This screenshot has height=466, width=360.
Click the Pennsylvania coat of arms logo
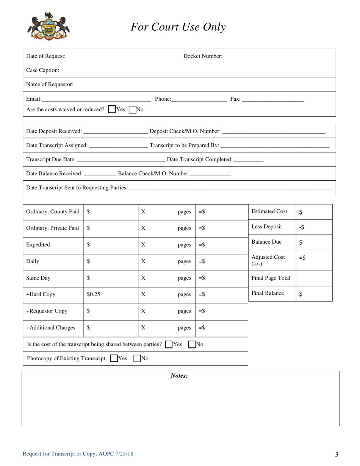coord(49,26)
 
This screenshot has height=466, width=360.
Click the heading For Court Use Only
coord(178,27)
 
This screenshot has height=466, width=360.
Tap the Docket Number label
coord(203,56)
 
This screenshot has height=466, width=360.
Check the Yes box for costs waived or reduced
coord(112,109)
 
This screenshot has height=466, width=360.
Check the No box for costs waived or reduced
coord(133,109)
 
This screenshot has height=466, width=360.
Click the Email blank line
coord(96,100)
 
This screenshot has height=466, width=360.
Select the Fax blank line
coord(272,100)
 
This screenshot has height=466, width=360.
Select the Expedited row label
coord(38,245)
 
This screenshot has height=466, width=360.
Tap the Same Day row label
coord(38,278)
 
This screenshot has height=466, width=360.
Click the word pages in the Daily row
coord(184,261)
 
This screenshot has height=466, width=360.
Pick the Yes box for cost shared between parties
coord(169,344)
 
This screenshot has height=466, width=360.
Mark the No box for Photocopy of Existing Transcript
coord(138,358)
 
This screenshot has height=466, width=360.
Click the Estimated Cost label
coord(269,211)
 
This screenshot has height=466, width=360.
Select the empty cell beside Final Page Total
coord(314,278)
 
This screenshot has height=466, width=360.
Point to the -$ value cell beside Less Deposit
coord(314,227)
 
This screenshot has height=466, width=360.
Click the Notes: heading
coord(179,376)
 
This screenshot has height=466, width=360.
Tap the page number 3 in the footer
coord(337,455)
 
